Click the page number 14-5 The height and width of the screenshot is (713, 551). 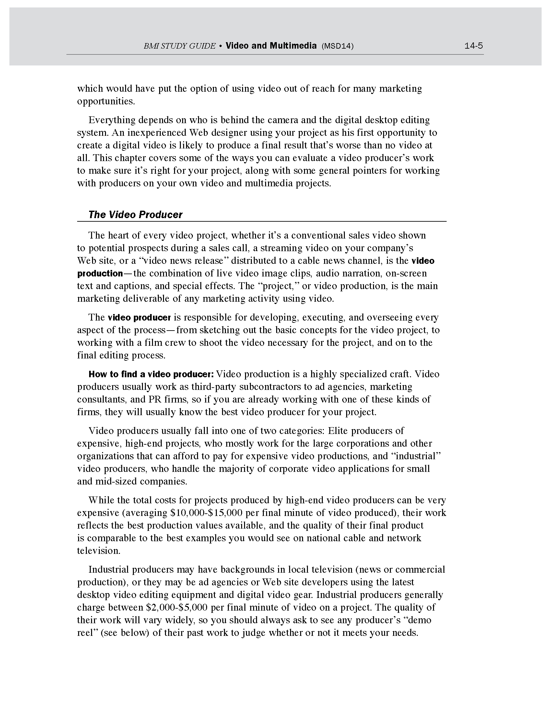pyautogui.click(x=473, y=46)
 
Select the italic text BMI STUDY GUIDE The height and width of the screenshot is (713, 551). pyautogui.click(x=180, y=46)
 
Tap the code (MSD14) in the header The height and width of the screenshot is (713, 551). pyautogui.click(x=337, y=46)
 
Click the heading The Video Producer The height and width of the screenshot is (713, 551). pyautogui.click(x=135, y=215)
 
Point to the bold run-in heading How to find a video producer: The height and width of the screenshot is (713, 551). pyautogui.click(x=151, y=374)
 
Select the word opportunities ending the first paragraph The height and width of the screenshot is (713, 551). pyautogui.click(x=106, y=101)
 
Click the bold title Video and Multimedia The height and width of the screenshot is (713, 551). pyautogui.click(x=271, y=46)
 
